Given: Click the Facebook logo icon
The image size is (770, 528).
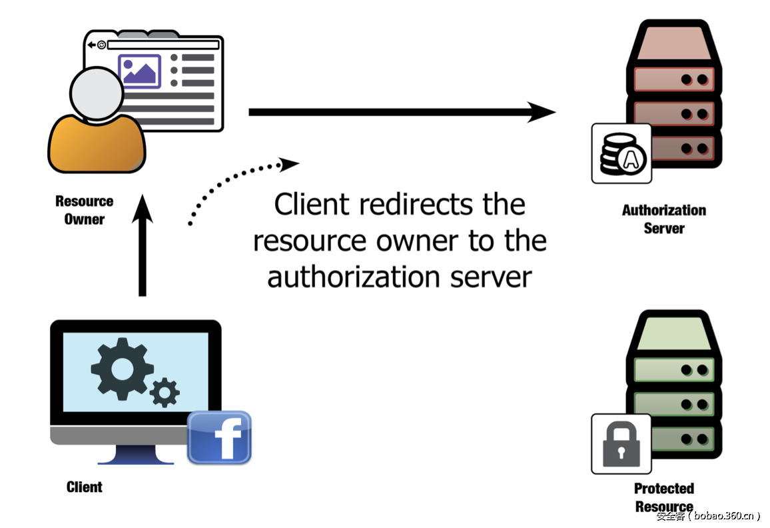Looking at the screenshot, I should click(x=219, y=437).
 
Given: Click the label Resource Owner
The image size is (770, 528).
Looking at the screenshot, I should click(x=84, y=210).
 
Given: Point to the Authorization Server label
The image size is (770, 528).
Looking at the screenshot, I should click(x=663, y=219).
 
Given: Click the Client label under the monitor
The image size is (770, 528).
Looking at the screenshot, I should click(x=85, y=487).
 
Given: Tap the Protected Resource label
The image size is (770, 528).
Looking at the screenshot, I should click(x=663, y=497).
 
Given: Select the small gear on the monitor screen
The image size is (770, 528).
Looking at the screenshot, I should click(x=164, y=391).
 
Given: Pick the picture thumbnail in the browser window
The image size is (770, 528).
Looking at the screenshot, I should click(x=139, y=70).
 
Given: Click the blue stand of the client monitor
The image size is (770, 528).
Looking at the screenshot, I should click(x=136, y=455).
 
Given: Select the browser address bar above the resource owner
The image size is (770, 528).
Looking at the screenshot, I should click(x=163, y=45).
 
